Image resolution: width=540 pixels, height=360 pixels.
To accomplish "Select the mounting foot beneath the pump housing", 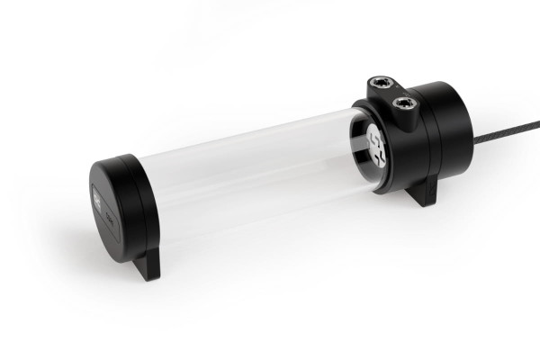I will [x=421, y=193].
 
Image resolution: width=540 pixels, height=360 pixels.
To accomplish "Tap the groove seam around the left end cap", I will [x=136, y=207].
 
